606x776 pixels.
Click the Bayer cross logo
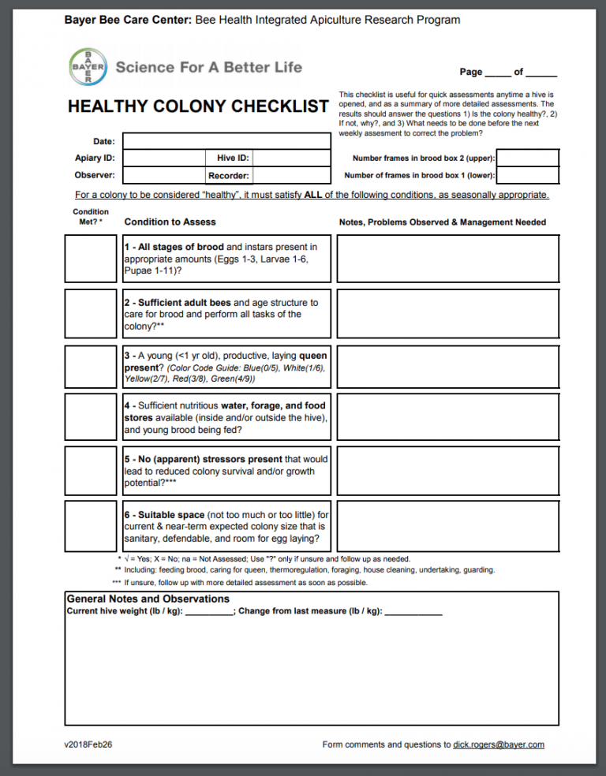coord(88,67)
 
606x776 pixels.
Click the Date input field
coord(226,141)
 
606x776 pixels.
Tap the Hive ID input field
coord(290,158)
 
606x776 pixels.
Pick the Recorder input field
coord(290,176)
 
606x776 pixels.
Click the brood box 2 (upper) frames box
coord(528,158)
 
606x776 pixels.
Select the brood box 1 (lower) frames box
coord(528,175)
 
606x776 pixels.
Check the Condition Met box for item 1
coord(90,259)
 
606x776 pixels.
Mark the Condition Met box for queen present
coord(90,367)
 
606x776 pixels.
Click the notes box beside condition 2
coord(448,314)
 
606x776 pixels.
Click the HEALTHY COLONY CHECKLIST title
coord(198,106)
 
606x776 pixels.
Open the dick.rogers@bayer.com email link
coord(499,744)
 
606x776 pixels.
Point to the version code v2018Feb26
coord(88,744)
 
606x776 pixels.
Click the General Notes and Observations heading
coord(148,599)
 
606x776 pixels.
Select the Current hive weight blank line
coord(208,611)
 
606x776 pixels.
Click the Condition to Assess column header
coord(170,222)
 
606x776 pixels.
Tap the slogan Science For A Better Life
coord(209,67)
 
